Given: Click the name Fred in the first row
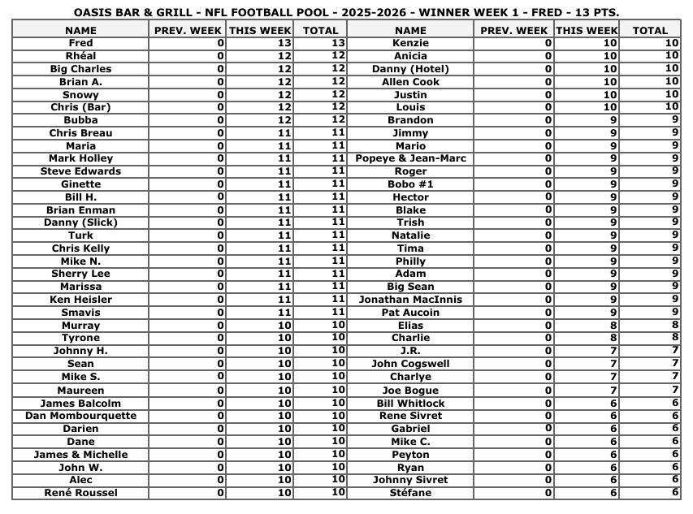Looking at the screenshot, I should [80, 43].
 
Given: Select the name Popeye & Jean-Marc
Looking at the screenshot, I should [410, 158].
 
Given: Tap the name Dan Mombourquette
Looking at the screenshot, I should [80, 416].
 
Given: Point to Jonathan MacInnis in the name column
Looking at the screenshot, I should [410, 300].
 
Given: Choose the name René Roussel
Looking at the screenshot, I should [80, 493].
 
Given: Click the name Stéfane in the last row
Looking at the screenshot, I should [410, 493].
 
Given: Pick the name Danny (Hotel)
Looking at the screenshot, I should [410, 69].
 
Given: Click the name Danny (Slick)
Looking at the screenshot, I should [80, 222].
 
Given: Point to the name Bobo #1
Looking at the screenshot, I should [410, 184].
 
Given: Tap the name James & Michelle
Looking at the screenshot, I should [80, 455].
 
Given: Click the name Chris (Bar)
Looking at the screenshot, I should [80, 107].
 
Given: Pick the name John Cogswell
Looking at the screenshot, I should [410, 364].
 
